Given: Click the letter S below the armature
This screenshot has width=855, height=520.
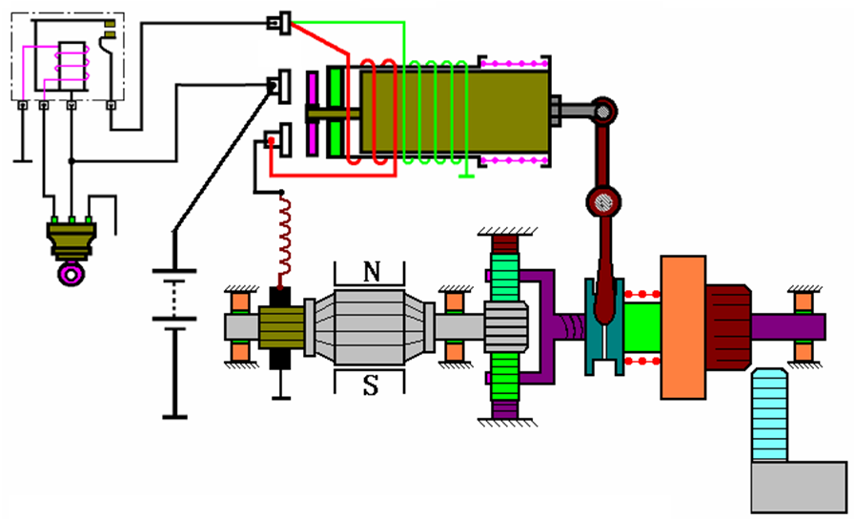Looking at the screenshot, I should pyautogui.click(x=372, y=386).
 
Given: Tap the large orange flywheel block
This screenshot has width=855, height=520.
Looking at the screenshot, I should pyautogui.click(x=683, y=324).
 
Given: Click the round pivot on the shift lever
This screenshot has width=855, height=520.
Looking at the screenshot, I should pyautogui.click(x=602, y=201).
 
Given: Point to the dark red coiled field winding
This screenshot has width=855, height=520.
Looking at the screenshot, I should pyautogui.click(x=282, y=243).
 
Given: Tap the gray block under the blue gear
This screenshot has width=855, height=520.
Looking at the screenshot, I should pyautogui.click(x=798, y=487).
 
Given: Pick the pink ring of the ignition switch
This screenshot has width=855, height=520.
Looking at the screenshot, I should pyautogui.click(x=69, y=275).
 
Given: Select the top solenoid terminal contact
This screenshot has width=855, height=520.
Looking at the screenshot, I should pyautogui.click(x=280, y=22).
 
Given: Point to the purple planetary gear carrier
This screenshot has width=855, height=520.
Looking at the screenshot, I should pyautogui.click(x=539, y=324).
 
